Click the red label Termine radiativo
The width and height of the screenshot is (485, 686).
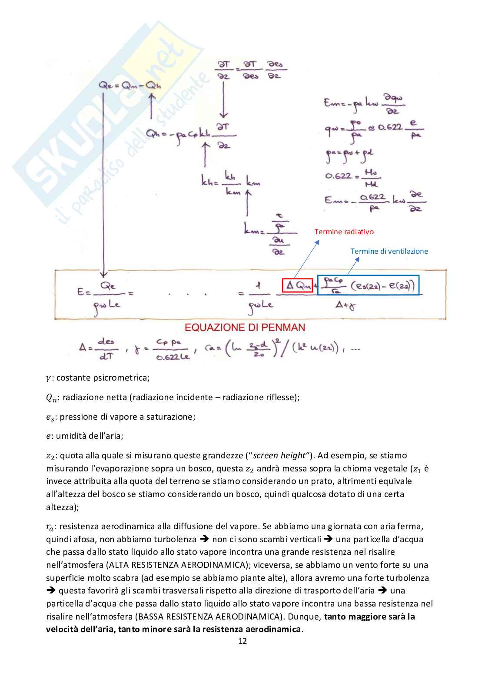click(x=344, y=232)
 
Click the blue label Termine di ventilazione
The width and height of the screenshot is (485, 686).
click(x=389, y=251)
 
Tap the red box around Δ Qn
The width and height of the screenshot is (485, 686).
click(x=297, y=285)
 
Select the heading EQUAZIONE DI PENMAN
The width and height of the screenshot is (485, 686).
click(x=245, y=327)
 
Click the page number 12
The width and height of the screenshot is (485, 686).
click(x=242, y=641)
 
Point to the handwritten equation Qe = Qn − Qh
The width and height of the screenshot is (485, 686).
click(x=130, y=86)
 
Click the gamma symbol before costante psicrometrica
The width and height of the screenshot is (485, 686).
click(x=48, y=378)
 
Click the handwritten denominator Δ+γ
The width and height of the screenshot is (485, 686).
click(x=346, y=305)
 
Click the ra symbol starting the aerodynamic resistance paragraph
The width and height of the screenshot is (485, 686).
click(x=50, y=527)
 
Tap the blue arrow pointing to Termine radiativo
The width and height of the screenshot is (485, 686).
click(x=307, y=259)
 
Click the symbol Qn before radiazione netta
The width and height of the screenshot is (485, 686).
click(x=51, y=398)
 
